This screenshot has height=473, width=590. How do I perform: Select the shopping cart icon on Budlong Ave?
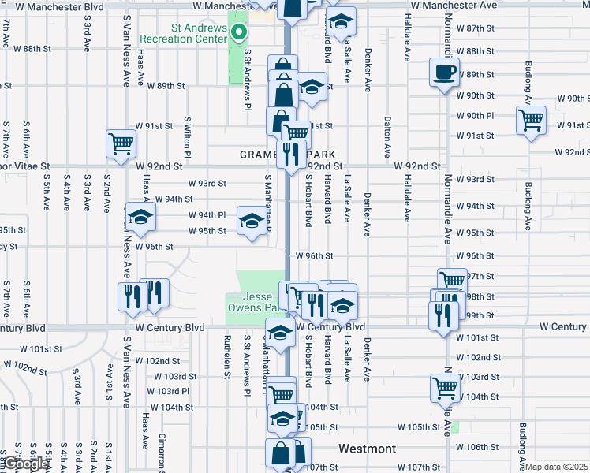click(x=531, y=121)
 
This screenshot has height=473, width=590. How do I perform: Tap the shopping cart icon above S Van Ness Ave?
click(x=121, y=143)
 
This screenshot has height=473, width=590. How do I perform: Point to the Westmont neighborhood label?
click(x=367, y=449)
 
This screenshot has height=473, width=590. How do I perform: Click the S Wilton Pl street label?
click(x=187, y=133)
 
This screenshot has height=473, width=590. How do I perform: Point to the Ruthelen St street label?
click(x=226, y=357)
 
